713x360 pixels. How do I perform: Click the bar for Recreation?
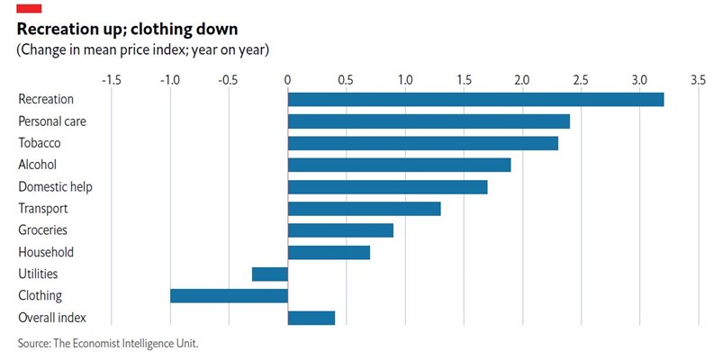[x=475, y=99]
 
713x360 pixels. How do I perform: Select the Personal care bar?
[x=429, y=121]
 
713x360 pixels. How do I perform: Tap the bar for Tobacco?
[x=422, y=142]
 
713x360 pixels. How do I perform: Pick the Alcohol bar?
[x=399, y=165]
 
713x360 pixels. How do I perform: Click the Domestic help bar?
[x=387, y=187]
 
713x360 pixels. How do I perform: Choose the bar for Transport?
[x=364, y=209]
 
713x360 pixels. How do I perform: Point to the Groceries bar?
[x=340, y=230]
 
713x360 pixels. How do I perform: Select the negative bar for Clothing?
[x=229, y=296]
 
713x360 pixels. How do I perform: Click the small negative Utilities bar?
[x=269, y=274]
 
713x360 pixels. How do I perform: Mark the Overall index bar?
[x=311, y=318]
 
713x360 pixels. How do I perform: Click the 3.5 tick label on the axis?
[x=698, y=80]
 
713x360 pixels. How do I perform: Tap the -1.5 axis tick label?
[x=111, y=80]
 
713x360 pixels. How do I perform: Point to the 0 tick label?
[x=287, y=80]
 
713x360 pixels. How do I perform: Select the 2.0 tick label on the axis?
[x=522, y=80]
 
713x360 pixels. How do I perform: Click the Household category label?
[x=46, y=253]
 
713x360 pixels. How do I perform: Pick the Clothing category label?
[x=40, y=296]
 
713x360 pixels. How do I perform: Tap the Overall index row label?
[x=51, y=318]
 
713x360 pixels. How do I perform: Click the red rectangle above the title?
[x=30, y=9]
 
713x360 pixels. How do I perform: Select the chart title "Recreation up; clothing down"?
[x=127, y=29]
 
